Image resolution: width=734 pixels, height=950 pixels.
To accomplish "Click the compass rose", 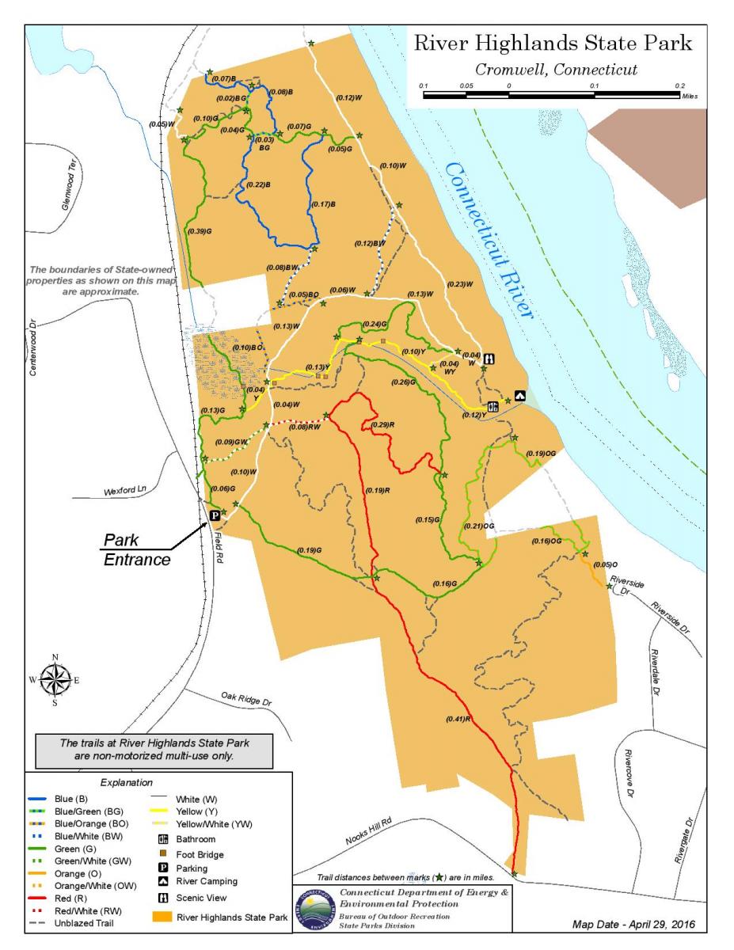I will pos(55,679).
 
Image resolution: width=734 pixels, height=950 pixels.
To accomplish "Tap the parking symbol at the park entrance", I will pos(213,515).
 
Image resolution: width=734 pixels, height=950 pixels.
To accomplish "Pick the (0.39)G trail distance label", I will pos(200,231).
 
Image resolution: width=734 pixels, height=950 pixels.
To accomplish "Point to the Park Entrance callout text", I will pos(138,551).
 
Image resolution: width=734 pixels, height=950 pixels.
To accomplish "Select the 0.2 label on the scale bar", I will pos(680,85).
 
